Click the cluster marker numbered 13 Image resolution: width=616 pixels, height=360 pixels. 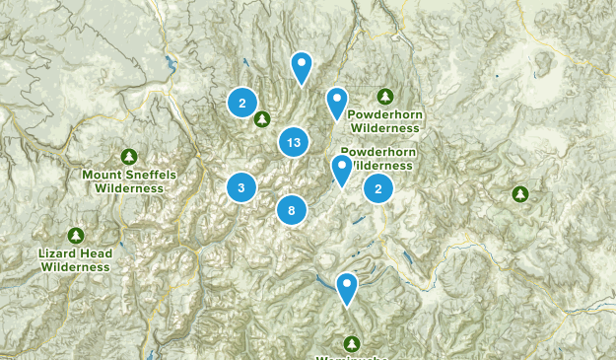click(x=293, y=143)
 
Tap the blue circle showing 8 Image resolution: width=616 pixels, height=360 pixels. click(x=292, y=209)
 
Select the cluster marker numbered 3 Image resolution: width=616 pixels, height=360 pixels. click(x=241, y=186)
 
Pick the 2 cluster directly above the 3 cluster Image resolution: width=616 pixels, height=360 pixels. click(x=242, y=102)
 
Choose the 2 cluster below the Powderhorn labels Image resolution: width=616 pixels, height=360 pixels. click(x=378, y=187)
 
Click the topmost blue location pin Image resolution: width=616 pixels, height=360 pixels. click(x=302, y=67)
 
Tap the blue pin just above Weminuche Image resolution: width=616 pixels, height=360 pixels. click(x=347, y=288)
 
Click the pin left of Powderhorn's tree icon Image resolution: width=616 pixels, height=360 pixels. click(x=337, y=102)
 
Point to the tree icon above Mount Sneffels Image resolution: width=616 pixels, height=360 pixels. click(x=129, y=157)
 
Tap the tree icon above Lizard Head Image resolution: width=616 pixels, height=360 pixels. click(x=76, y=236)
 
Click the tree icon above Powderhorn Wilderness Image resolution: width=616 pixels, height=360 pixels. click(x=385, y=96)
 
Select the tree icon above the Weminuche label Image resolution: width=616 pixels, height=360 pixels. click(x=352, y=343)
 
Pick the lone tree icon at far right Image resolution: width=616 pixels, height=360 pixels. click(x=519, y=194)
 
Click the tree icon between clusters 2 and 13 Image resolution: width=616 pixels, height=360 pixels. click(x=261, y=119)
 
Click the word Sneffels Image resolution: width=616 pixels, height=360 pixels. click(x=144, y=175)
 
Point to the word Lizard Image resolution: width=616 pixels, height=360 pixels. click(x=58, y=253)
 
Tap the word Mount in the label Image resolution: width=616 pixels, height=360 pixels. click(x=102, y=175)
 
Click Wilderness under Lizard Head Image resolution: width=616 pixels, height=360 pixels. click(x=76, y=266)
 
